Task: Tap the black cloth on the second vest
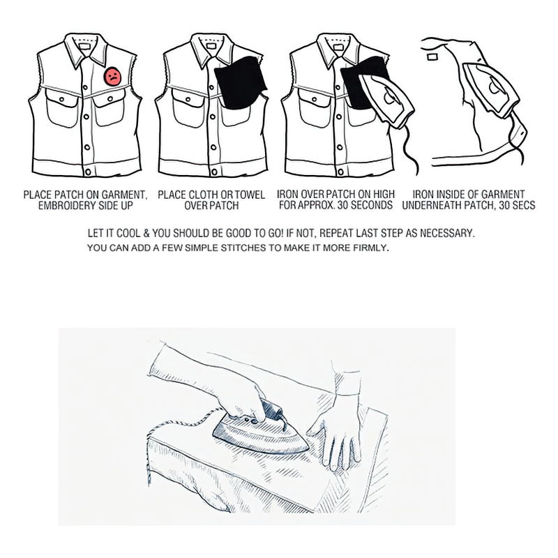tap(241, 88)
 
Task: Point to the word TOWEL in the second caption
tap(234, 194)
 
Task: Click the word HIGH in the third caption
tap(381, 194)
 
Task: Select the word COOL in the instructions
tap(135, 232)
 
